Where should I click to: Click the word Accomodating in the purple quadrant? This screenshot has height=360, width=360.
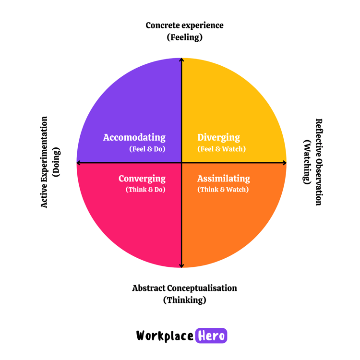pos(134,138)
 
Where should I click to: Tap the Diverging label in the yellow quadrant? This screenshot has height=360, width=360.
pos(218,138)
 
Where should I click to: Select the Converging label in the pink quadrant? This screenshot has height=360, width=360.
pos(142,179)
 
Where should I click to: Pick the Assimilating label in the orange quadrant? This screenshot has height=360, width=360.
pos(223,179)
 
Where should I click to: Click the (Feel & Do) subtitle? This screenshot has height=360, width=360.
pos(147,149)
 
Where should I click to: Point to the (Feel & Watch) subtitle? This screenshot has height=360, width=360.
pos(221,149)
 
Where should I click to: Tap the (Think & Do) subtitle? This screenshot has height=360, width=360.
pos(145,190)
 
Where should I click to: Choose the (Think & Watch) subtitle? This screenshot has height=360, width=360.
pos(223,190)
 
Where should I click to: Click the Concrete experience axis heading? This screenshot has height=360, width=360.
pos(184,25)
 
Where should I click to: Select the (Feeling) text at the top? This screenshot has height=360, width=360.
pos(184,37)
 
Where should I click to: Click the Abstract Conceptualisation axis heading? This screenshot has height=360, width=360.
pos(184,288)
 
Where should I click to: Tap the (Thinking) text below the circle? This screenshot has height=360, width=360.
pos(184,300)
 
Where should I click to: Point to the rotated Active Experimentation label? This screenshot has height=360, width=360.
pos(44,162)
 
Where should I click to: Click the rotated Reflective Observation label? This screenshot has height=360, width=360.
pos(318,162)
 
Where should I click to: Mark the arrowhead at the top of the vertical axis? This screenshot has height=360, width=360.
pos(181,60)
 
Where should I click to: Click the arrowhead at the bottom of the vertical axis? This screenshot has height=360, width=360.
pos(181,265)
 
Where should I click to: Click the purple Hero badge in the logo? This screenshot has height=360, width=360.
pos(211,336)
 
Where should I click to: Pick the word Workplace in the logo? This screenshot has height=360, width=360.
pos(165,336)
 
